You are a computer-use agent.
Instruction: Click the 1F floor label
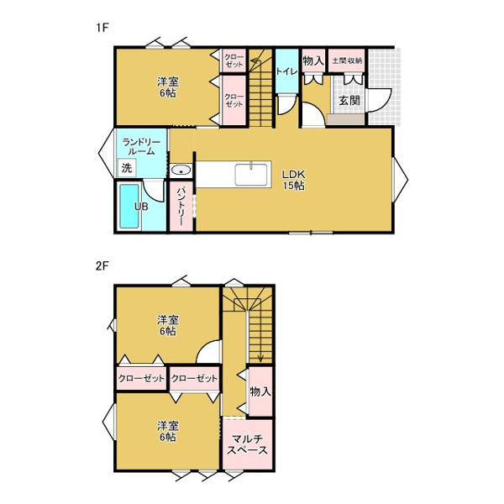(x=102, y=28)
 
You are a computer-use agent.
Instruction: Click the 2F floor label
(x=102, y=266)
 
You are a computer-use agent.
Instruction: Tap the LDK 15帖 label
(x=293, y=180)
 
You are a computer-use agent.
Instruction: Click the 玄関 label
(x=349, y=101)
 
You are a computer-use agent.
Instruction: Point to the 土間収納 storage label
(x=347, y=60)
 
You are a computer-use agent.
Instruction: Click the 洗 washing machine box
(x=127, y=167)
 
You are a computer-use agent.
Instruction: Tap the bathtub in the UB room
(x=129, y=206)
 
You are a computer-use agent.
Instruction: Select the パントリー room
(x=181, y=207)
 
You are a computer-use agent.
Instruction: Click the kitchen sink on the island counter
(x=251, y=174)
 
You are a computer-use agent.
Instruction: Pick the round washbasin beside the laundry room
(x=181, y=170)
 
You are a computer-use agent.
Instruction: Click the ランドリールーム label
(x=141, y=146)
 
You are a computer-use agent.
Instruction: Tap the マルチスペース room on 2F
(x=247, y=444)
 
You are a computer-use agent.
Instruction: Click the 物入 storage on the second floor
(x=260, y=391)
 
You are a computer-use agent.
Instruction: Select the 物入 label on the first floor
(x=312, y=60)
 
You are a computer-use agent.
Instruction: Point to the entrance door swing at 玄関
(x=380, y=101)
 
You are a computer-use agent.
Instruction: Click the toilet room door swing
(x=287, y=104)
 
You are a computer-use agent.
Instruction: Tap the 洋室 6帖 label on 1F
(x=167, y=87)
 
